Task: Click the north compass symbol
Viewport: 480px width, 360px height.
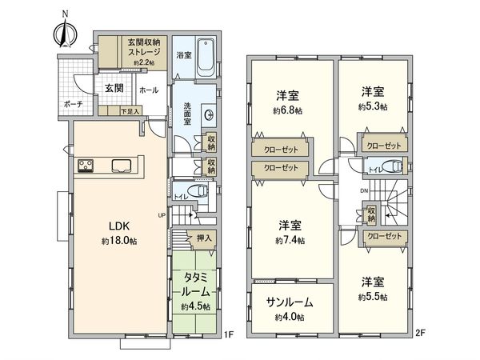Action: (65, 30)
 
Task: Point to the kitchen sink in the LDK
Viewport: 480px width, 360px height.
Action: (122, 166)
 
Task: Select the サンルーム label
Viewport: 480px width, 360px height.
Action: (289, 303)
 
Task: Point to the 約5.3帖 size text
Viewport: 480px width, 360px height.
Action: (373, 106)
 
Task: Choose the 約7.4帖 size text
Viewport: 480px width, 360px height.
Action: (289, 239)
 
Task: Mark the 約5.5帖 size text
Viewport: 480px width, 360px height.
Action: (373, 296)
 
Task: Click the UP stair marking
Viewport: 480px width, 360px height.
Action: (163, 215)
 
